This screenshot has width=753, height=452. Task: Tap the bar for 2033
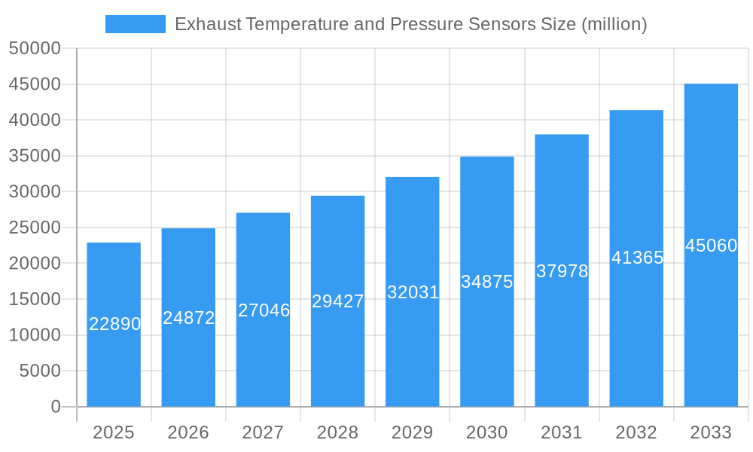711,316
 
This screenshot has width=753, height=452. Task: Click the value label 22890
115,324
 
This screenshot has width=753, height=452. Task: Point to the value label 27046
264,310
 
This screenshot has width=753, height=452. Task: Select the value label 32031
413,292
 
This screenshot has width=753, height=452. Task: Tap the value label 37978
562,271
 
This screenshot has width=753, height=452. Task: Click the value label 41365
637,258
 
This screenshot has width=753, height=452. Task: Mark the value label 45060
711,246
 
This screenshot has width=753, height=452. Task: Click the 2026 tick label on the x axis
188,432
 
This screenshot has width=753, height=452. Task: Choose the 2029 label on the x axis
413,432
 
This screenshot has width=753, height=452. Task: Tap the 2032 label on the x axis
636,432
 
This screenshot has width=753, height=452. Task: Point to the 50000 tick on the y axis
35,49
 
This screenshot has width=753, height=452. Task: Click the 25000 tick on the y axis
35,228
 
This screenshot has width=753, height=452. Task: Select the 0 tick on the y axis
56,407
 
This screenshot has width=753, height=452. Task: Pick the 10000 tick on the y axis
35,335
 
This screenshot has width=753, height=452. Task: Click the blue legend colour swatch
136,24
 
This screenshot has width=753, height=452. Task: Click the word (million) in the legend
614,24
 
